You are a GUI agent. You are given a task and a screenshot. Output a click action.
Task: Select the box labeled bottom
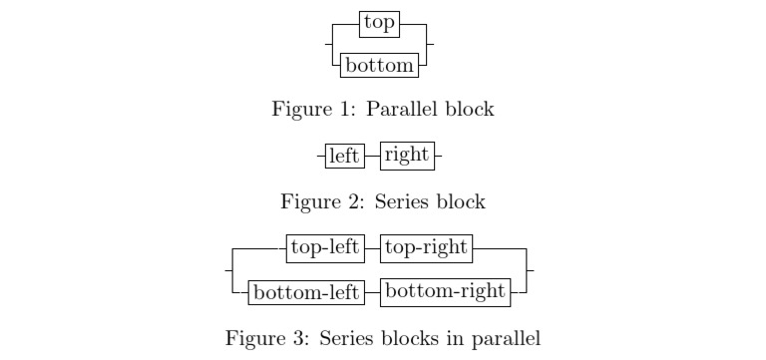point(379,66)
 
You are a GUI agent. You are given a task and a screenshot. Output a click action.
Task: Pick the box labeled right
point(405,156)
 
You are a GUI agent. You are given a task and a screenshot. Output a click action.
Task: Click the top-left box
point(324,247)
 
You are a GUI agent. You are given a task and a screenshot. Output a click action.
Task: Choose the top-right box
point(426,247)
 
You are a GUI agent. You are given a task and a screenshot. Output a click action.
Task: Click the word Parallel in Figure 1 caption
point(402,109)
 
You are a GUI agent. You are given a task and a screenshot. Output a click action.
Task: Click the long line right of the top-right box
point(499,247)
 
